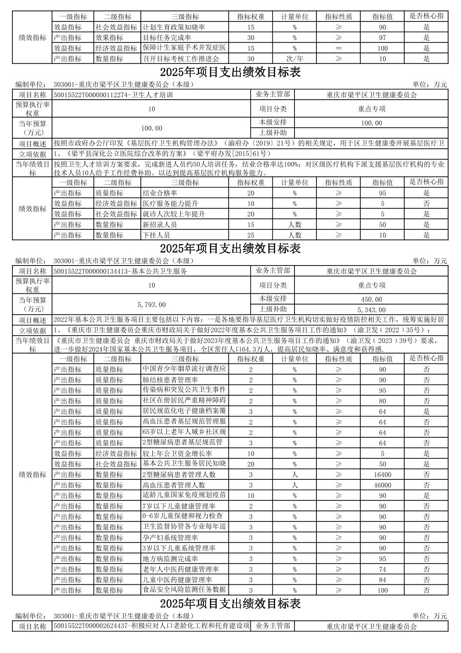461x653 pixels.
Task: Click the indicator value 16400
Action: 382,475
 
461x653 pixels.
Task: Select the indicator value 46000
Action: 382,485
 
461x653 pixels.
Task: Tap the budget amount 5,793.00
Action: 151,305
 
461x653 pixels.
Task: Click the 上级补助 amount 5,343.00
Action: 371,310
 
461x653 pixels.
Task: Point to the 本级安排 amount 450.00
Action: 371,299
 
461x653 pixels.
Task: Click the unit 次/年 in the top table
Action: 294,59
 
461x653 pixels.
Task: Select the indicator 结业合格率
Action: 159,193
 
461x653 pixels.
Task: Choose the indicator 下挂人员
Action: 156,235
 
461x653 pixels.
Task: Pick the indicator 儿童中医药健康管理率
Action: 177,580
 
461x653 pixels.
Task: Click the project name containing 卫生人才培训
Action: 114,95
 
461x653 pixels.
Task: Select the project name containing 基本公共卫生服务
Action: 121,271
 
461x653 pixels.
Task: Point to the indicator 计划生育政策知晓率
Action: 173,27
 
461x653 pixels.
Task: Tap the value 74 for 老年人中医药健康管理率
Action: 382,569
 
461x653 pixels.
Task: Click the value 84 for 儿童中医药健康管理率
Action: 382,580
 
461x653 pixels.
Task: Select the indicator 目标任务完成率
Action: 167,38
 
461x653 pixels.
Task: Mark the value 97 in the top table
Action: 382,38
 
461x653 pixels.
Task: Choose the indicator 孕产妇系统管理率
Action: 170,538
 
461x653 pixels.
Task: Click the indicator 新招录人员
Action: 159,225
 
